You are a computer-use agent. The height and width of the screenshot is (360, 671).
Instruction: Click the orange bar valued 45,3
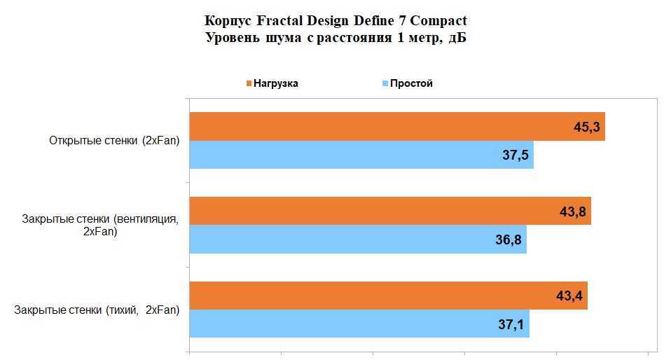(x=378, y=127)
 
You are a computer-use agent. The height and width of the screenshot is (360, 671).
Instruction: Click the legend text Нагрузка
(x=275, y=83)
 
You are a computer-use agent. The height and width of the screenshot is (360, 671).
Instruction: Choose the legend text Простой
(x=411, y=83)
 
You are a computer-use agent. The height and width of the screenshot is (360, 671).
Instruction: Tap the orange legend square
(x=248, y=84)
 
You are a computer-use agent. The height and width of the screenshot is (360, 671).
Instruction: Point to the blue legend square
(x=385, y=84)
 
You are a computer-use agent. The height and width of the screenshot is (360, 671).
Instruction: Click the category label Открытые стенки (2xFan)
(x=114, y=141)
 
